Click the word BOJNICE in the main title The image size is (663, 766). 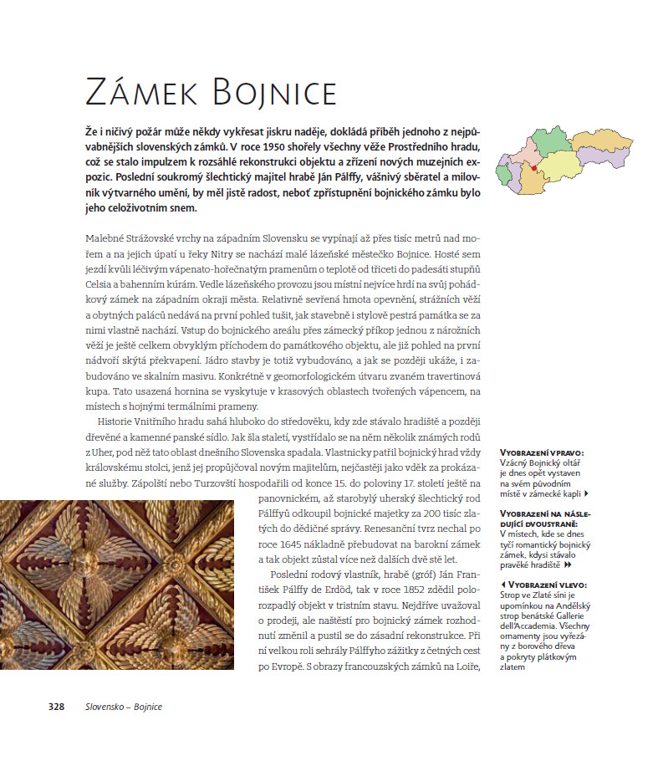(273, 90)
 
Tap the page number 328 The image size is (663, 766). (56, 707)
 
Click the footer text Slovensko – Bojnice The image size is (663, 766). (124, 707)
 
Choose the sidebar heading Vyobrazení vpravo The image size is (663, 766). (541, 452)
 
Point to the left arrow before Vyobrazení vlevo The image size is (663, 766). (502, 585)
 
